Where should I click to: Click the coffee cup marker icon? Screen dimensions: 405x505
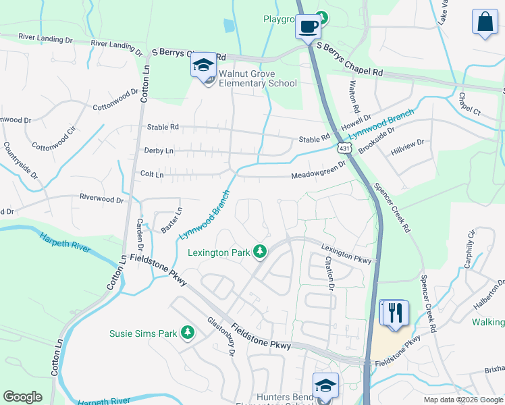click(x=309, y=27)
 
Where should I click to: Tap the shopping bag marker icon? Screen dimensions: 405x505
click(x=485, y=22)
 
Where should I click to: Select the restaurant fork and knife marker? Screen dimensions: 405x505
click(x=394, y=313)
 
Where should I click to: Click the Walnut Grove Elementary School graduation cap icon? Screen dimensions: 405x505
click(x=203, y=65)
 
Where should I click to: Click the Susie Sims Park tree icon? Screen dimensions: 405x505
click(x=188, y=333)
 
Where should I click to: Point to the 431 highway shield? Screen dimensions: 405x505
click(x=344, y=148)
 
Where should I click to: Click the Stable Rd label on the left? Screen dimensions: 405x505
click(x=163, y=127)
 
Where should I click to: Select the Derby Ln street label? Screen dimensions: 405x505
click(x=159, y=151)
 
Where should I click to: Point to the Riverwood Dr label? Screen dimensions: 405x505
click(x=102, y=200)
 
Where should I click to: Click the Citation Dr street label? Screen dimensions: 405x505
click(x=329, y=273)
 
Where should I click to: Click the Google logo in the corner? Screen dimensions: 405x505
click(x=22, y=397)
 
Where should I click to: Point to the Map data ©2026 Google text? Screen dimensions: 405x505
click(x=462, y=400)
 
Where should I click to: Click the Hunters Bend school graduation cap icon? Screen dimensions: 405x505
click(x=325, y=385)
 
